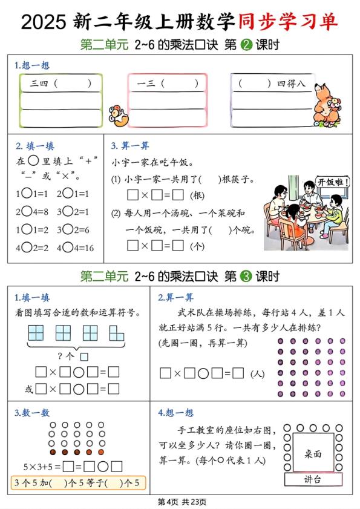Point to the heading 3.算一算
[129, 145]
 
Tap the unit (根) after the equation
[197, 195]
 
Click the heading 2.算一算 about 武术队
[176, 297]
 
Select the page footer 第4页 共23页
[180, 502]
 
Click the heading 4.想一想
[176, 413]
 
